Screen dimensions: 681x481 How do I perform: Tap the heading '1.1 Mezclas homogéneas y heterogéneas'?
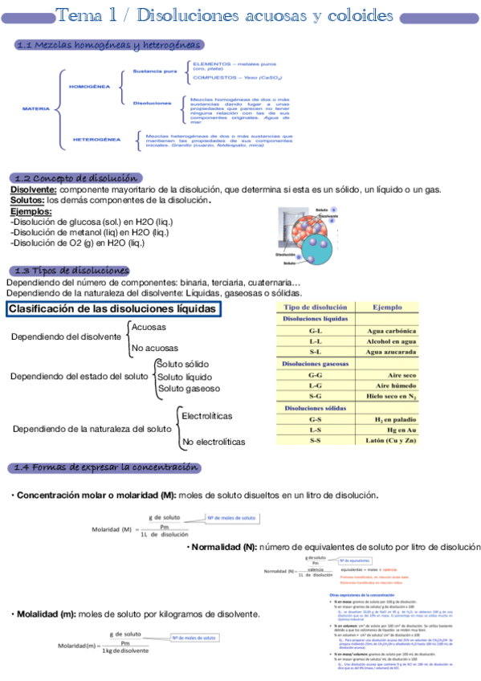point(109,46)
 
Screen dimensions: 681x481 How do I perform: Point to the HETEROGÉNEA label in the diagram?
point(97,139)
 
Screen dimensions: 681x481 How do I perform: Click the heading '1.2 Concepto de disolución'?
point(78,177)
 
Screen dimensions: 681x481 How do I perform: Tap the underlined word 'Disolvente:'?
point(33,190)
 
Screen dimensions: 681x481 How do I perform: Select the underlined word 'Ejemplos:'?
point(31,211)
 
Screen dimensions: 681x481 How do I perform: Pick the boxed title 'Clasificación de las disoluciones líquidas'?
point(113,309)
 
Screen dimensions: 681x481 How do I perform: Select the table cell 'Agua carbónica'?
point(391,331)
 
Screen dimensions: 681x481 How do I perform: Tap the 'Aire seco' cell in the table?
point(402,375)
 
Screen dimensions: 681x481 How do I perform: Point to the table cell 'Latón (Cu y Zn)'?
point(391,441)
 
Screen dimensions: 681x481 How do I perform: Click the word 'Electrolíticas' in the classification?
point(207,416)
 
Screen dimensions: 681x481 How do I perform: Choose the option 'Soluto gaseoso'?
point(188,389)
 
